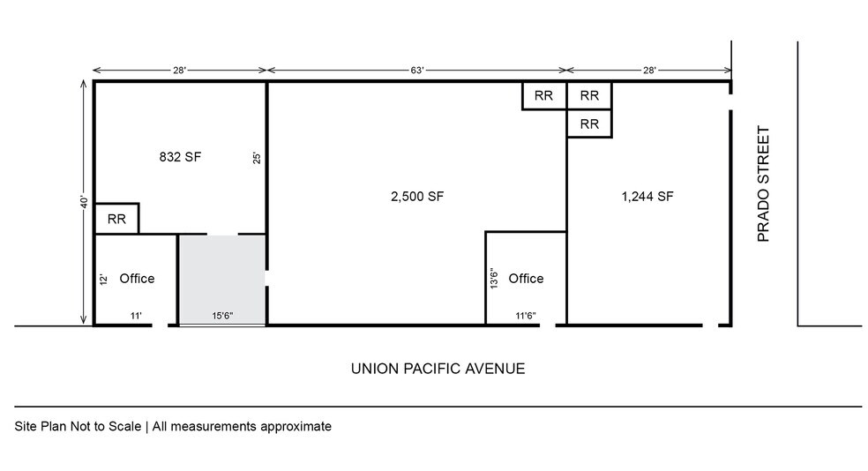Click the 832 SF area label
coord(180,157)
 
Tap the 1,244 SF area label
coord(647,197)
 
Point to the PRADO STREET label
coord(765,184)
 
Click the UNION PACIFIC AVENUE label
coord(438,368)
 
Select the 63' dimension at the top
coord(417,70)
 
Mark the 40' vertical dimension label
coord(84,202)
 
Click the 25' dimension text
coord(257,159)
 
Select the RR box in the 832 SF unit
coord(116,220)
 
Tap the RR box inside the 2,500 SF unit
coord(543,95)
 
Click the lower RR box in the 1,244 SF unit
coord(589,124)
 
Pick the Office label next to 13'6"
coord(526,278)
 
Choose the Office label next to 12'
coord(137,278)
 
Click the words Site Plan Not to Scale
coord(77,426)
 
